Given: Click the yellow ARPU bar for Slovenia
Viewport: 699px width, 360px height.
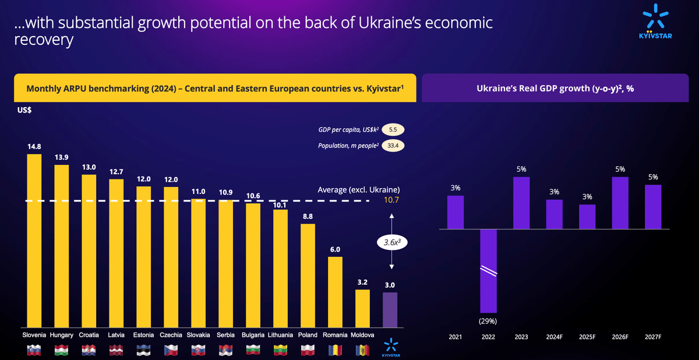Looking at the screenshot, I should click(34, 240).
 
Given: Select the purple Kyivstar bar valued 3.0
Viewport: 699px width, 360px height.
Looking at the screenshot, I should click(390, 309).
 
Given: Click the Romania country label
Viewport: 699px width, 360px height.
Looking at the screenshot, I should click(335, 336).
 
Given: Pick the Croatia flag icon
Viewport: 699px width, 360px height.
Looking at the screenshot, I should click(89, 350).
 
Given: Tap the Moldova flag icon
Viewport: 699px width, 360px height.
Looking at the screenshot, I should click(363, 350).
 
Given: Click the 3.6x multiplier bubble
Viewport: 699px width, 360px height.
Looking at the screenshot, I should click(391, 241).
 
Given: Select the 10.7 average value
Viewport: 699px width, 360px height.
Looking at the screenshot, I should click(391, 200).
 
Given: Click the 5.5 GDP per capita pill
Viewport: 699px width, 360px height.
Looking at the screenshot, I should click(393, 130).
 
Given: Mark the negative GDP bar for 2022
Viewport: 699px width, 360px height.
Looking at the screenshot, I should click(488, 270).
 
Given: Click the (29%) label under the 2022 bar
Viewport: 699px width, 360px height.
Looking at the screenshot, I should click(488, 320).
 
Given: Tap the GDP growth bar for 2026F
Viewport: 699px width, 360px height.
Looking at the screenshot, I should click(620, 203).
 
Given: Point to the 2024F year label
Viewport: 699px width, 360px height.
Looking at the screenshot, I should click(555, 337).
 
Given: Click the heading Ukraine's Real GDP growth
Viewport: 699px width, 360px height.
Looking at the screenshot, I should click(555, 88).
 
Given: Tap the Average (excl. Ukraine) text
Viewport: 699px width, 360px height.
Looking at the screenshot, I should click(359, 190).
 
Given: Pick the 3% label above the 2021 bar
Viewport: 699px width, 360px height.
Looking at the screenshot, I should click(455, 188).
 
